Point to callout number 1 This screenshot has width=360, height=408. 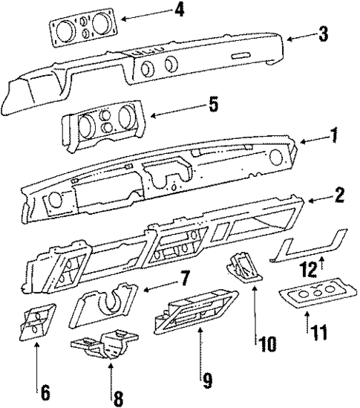pos(334,136)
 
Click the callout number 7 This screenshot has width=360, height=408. pos(183,279)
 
